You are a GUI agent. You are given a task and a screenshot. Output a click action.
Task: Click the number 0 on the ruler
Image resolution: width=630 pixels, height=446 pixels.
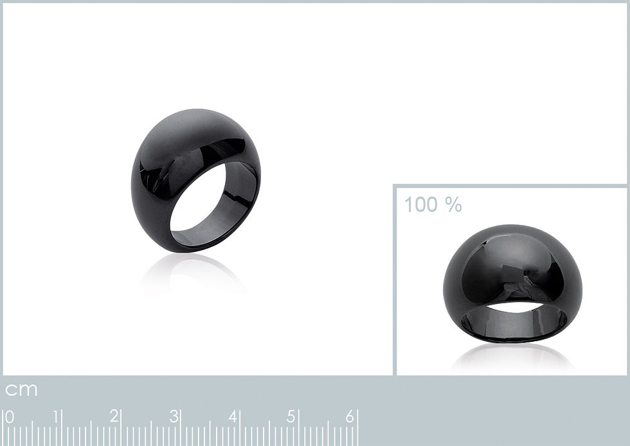(x=9, y=417)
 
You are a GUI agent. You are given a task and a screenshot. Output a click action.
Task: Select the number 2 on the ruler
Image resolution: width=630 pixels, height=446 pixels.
(x=114, y=416)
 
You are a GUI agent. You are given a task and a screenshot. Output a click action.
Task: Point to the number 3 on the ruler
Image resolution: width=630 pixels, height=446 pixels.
(x=174, y=416)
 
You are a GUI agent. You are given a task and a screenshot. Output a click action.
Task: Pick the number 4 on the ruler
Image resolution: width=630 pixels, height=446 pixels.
(x=233, y=416)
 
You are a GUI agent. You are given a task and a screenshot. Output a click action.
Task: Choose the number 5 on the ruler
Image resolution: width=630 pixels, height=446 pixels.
(x=291, y=416)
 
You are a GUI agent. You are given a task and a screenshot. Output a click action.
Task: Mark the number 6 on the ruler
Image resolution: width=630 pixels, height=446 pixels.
(x=350, y=416)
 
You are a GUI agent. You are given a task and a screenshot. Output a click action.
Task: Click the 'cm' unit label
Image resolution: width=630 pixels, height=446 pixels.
(x=21, y=389)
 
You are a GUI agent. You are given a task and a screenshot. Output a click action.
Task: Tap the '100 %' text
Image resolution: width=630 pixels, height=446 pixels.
(x=433, y=204)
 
